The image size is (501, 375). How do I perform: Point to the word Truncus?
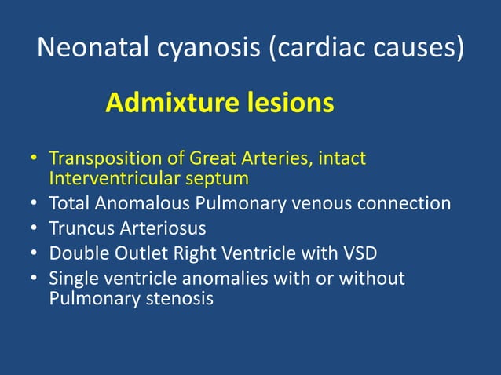click(x=79, y=229)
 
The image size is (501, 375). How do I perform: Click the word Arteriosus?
click(x=155, y=229)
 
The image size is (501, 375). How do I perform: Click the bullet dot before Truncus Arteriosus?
click(x=34, y=230)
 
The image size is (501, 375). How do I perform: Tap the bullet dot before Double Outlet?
click(x=34, y=255)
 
